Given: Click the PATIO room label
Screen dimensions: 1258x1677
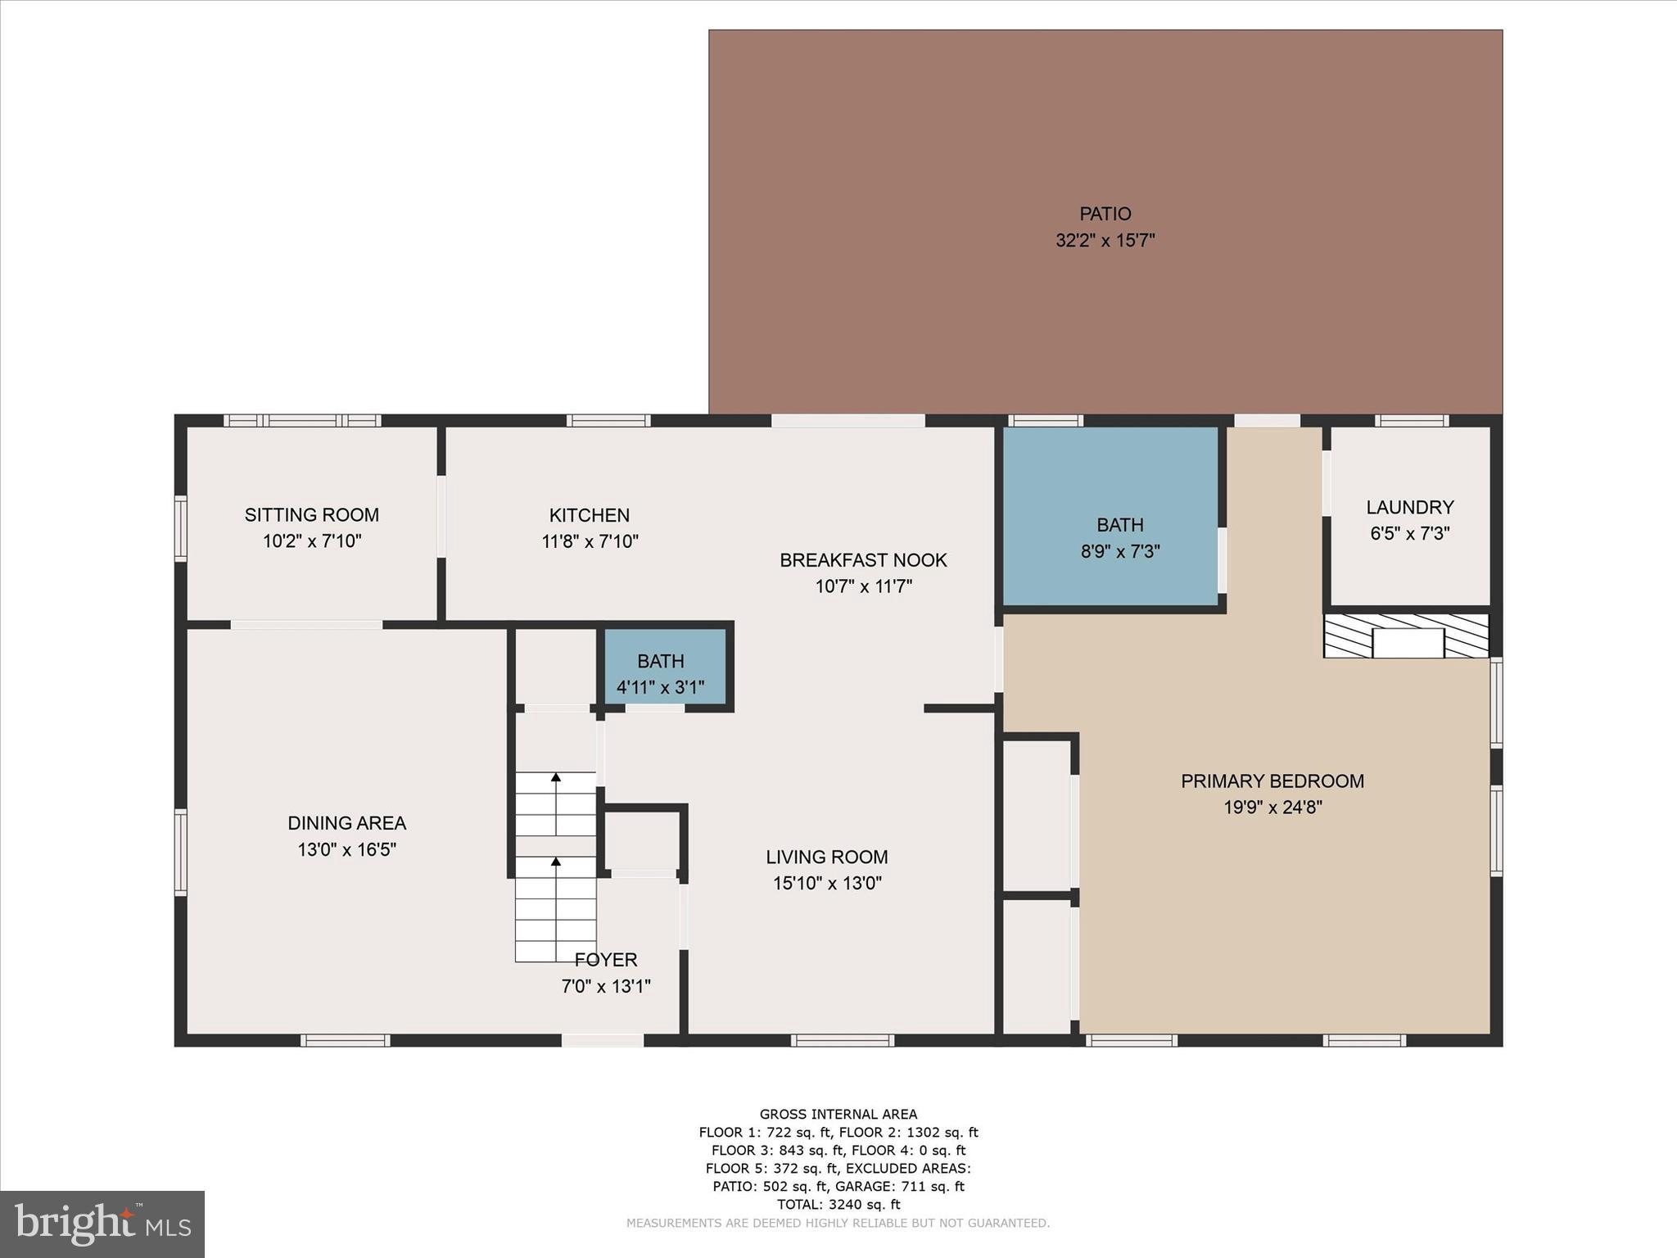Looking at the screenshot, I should (1105, 214).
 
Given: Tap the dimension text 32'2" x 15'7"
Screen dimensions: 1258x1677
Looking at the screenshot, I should (1105, 241).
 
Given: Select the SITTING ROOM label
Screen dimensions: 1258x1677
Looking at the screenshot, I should (311, 515).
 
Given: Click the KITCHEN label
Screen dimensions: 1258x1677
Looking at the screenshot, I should (589, 515).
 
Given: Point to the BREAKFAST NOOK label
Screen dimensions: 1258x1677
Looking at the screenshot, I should (863, 560).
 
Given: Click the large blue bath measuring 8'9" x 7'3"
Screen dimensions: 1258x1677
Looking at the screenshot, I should (1111, 516).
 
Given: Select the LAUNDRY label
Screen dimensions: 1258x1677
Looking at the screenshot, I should (1409, 507).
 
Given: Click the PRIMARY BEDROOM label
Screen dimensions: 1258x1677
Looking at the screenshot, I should (1272, 781).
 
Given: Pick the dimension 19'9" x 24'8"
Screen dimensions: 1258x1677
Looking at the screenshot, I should (1272, 808).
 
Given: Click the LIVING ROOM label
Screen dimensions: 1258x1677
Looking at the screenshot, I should (826, 858).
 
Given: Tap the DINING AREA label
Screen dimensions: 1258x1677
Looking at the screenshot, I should (346, 823).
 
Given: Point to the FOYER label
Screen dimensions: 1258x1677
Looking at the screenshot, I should (605, 960).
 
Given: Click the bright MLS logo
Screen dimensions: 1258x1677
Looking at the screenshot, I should (102, 1224).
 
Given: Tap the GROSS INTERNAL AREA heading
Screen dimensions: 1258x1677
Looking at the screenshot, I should (838, 1114).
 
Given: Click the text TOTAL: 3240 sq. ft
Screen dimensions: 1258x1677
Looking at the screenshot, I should (838, 1204).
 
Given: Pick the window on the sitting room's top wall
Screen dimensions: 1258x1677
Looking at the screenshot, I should (302, 421).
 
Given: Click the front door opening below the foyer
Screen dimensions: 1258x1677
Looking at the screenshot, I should (602, 1040).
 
